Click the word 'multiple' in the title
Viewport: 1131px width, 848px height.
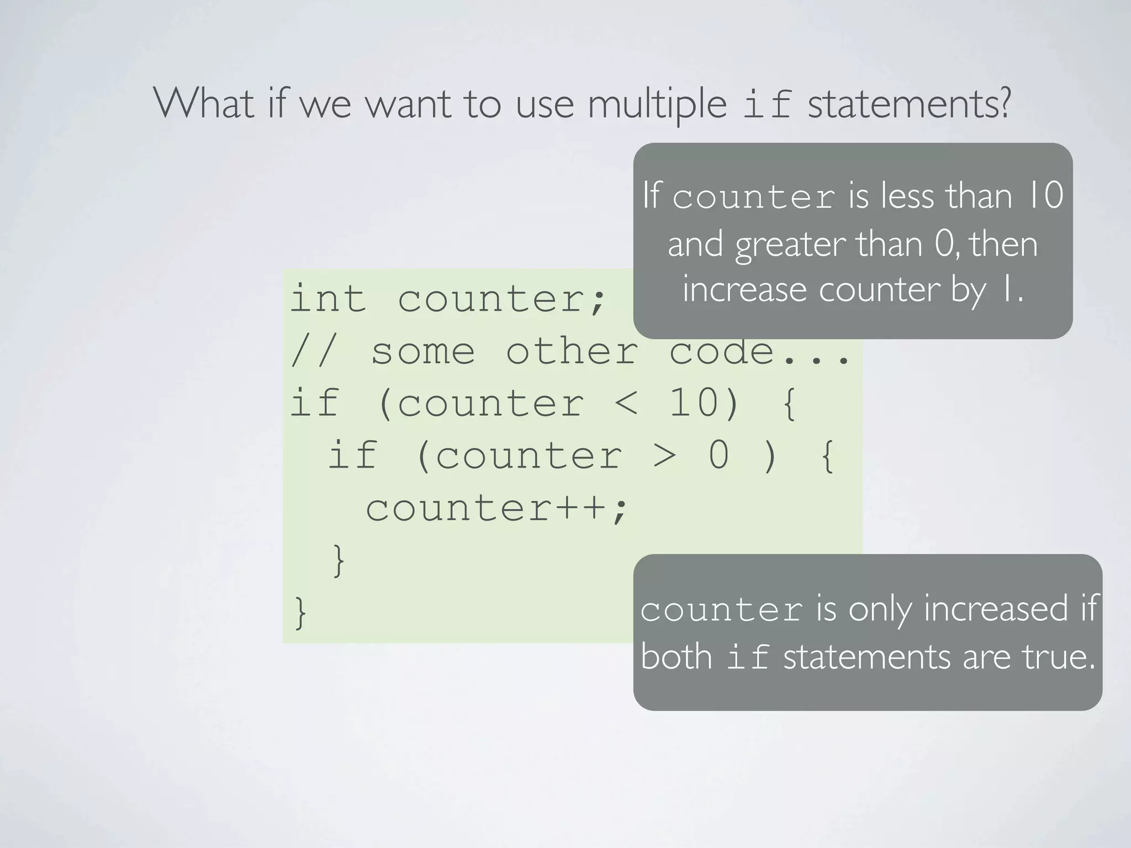click(657, 105)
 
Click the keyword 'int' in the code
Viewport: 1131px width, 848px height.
click(328, 298)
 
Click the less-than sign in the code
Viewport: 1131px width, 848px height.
click(626, 404)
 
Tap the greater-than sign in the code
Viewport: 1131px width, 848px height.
click(664, 457)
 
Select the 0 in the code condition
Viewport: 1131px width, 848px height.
click(718, 455)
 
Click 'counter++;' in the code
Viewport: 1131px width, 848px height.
click(496, 508)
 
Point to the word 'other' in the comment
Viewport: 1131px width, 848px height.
click(572, 351)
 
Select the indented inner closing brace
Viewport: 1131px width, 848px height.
click(339, 560)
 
